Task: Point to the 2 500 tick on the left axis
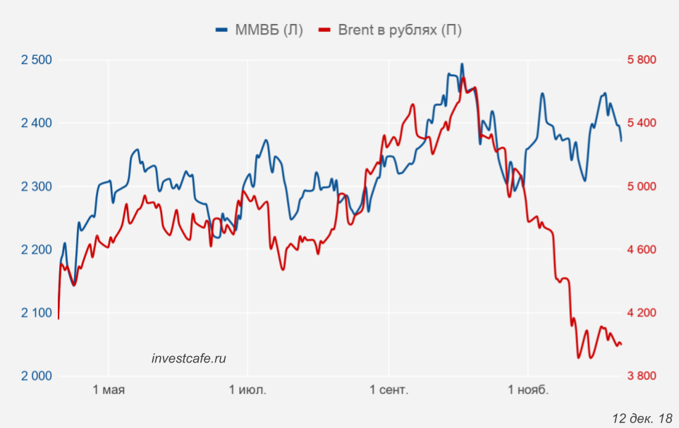[37, 60]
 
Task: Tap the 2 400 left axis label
[37, 123]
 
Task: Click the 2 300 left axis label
[37, 187]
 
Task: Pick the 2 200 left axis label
[37, 250]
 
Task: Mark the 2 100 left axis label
[37, 313]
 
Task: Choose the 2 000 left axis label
[37, 376]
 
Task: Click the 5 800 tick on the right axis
[642, 60]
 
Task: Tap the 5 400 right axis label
[642, 123]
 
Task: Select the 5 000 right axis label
[642, 187]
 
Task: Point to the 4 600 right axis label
[642, 250]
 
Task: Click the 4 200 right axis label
[642, 313]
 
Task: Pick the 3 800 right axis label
[642, 376]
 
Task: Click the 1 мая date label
[109, 390]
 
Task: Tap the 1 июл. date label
[247, 390]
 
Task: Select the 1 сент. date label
[388, 390]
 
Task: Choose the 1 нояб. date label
[527, 390]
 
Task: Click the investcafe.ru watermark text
[189, 358]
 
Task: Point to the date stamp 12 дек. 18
[642, 418]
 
